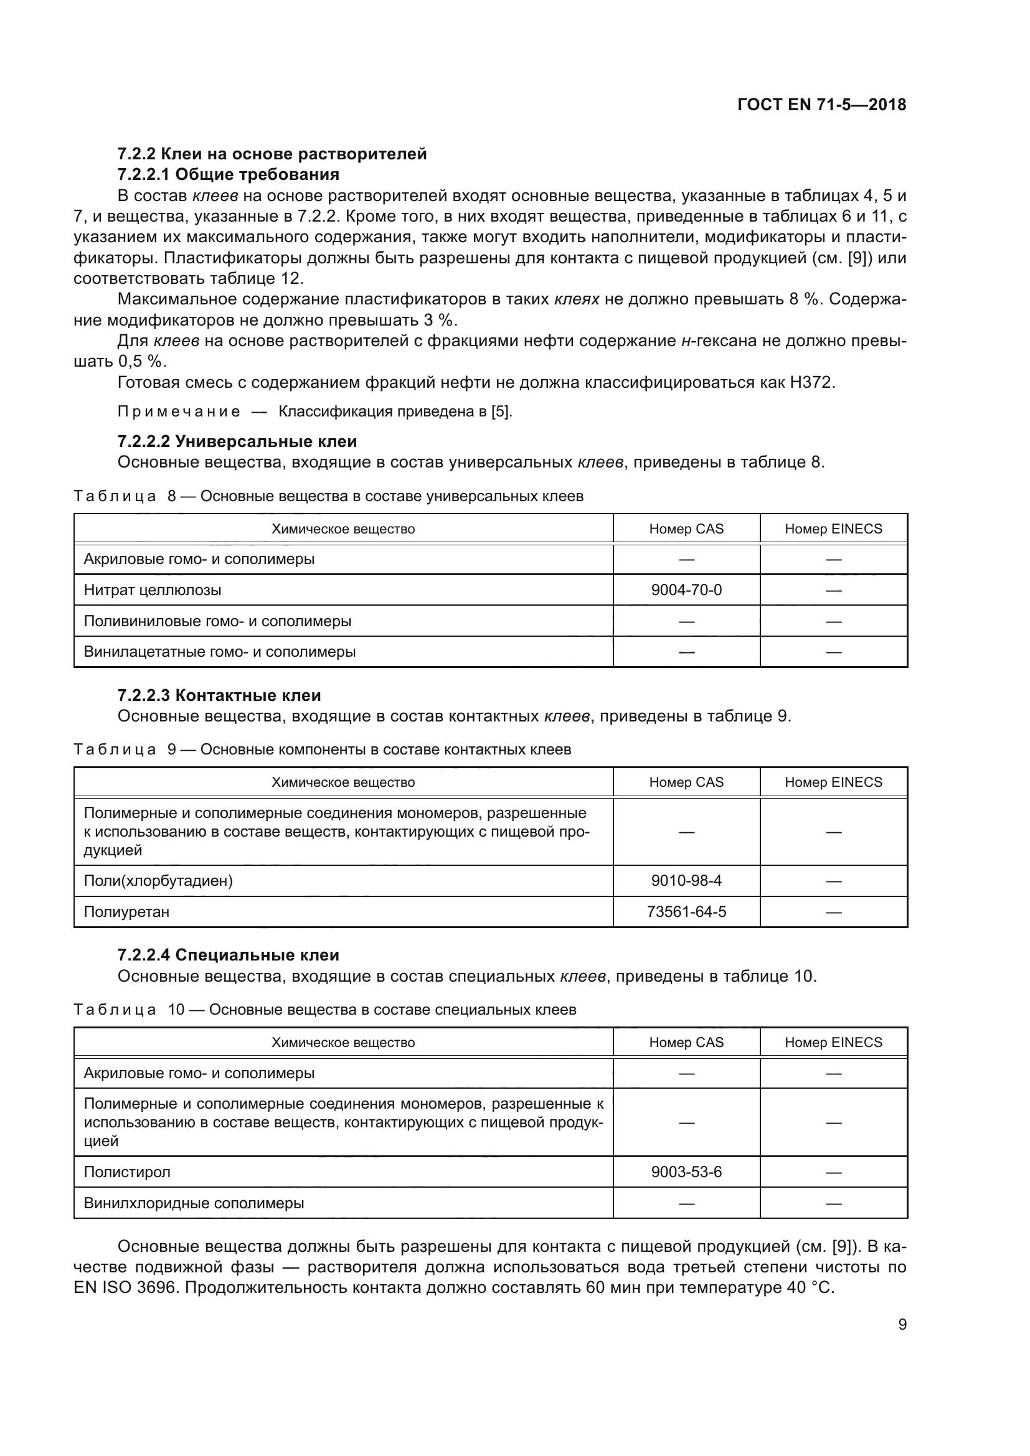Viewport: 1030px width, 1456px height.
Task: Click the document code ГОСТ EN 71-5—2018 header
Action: [821, 105]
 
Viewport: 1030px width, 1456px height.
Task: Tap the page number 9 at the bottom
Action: [902, 1324]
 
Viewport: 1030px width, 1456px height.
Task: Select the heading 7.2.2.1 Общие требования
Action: [229, 174]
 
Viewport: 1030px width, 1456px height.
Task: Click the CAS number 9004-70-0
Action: [686, 589]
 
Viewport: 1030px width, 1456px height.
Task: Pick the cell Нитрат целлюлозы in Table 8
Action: [153, 589]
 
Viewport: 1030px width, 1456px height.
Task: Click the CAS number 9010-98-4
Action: [686, 881]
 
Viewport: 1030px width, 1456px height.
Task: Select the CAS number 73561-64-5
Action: [686, 912]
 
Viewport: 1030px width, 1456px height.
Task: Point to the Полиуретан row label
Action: [127, 912]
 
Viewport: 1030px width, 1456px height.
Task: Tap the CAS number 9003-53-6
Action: [686, 1172]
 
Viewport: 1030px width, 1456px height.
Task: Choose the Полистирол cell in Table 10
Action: [127, 1172]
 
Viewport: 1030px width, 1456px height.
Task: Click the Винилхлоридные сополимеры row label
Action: [194, 1203]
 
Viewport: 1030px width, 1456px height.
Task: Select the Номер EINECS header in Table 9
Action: [833, 782]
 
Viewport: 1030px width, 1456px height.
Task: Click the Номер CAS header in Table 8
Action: [686, 529]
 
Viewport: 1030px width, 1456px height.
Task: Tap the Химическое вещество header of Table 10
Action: [343, 1043]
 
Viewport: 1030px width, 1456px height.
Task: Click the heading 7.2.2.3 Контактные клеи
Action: [219, 696]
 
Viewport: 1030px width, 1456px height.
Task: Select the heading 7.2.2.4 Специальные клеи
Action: [229, 955]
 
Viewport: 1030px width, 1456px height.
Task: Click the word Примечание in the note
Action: [179, 411]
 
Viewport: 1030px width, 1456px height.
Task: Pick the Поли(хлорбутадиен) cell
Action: [159, 881]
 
